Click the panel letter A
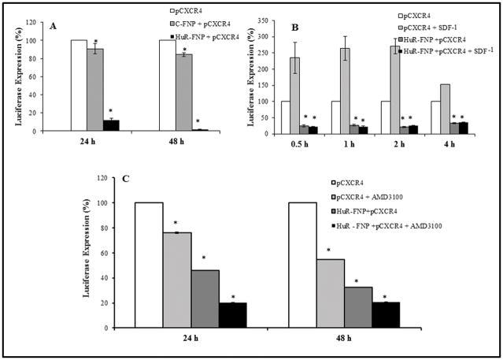[54, 25]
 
